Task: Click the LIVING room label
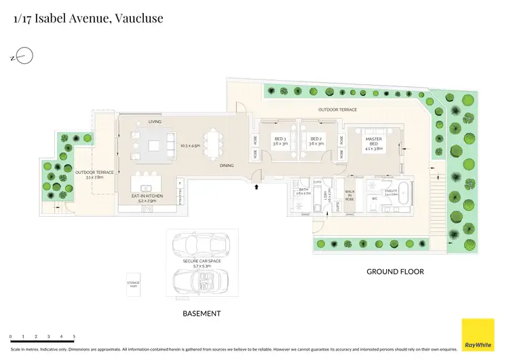coord(155,122)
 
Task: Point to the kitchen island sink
coord(145,188)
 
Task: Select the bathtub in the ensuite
coord(402,194)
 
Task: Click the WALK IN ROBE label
coord(350,196)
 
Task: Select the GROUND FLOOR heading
coord(395,272)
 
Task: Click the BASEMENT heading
coord(202,313)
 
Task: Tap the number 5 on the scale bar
coord(74,336)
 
